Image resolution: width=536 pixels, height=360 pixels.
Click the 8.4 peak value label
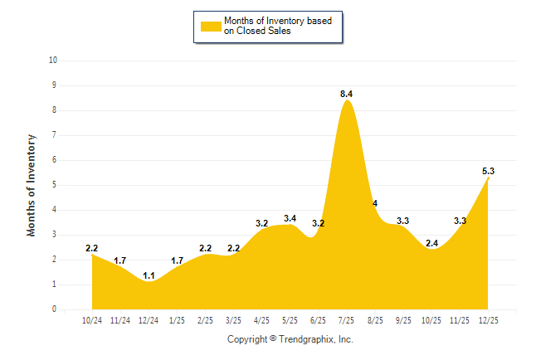[x=347, y=94]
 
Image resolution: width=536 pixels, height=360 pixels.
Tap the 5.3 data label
[x=488, y=171]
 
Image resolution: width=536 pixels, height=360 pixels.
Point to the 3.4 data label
[x=290, y=218]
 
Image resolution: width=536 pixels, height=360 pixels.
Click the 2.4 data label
[x=431, y=243]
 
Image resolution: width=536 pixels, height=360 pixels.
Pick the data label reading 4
[x=375, y=203]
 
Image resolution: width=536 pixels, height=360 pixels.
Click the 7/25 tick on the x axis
[x=347, y=319]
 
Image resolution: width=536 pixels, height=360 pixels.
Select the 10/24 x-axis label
[x=92, y=319]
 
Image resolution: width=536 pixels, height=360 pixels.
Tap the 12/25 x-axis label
[x=488, y=319]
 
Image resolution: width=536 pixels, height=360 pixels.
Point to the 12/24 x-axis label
[x=149, y=319]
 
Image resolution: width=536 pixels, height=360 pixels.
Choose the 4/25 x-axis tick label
[x=261, y=319]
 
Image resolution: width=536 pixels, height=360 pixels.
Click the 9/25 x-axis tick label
[x=403, y=319]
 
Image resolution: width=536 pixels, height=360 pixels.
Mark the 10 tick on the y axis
[x=53, y=61]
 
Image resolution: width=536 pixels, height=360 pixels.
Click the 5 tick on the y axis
[x=55, y=185]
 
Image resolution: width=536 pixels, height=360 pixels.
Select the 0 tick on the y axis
[x=55, y=309]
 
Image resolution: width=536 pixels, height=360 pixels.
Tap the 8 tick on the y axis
[x=55, y=110]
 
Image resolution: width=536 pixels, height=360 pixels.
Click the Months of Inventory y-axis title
[x=32, y=185]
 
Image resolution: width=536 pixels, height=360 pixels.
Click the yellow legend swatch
[x=210, y=26]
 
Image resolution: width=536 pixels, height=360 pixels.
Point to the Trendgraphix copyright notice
[x=290, y=339]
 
